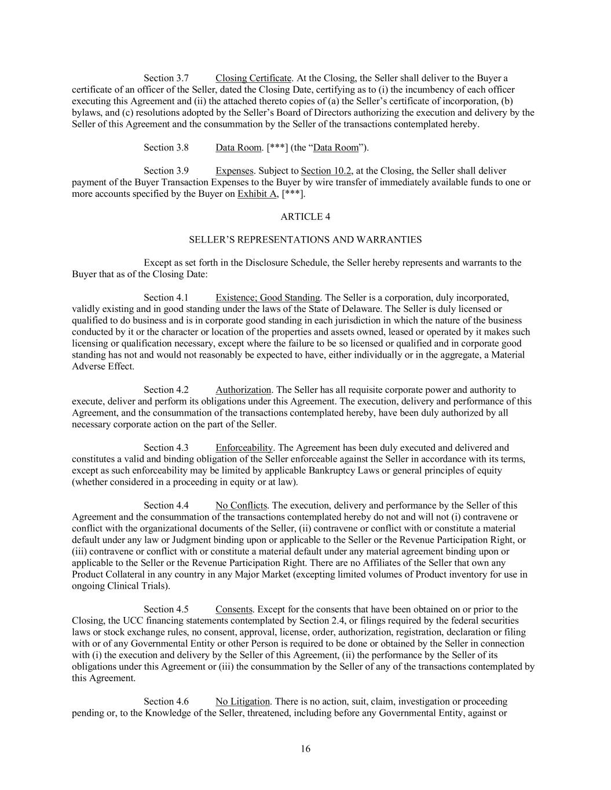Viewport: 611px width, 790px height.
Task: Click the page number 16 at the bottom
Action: (305, 749)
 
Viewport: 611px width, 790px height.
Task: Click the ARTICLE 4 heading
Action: (305, 216)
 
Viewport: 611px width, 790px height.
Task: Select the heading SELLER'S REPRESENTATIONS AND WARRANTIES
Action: (305, 240)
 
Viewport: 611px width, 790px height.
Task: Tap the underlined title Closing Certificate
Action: (253, 78)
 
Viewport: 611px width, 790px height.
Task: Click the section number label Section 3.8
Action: (166, 148)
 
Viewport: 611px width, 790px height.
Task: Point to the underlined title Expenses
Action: (235, 171)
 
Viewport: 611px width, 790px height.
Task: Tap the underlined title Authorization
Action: (243, 390)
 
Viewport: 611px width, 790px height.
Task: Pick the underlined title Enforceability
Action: (244, 448)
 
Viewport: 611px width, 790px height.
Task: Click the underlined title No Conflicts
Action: (241, 506)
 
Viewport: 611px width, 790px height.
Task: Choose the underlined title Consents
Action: (234, 609)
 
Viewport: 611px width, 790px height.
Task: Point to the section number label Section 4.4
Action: (166, 506)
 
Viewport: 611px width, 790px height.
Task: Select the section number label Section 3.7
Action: (166, 78)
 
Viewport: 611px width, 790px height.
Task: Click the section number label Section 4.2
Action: (166, 390)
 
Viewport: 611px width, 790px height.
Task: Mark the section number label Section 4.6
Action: (166, 702)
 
